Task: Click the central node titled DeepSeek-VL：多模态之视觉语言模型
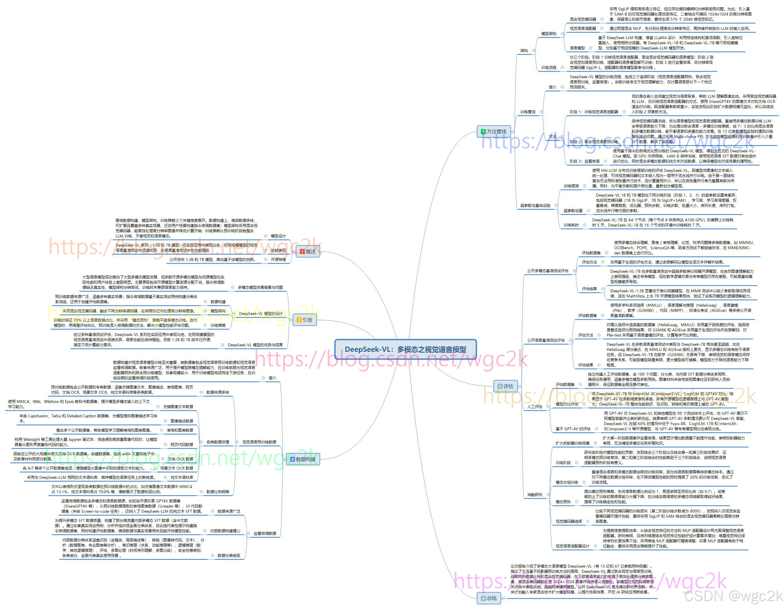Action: (x=405, y=349)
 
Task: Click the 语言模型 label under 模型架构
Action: (x=577, y=48)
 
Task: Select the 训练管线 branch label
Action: (x=528, y=112)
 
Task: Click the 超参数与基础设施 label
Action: (x=535, y=206)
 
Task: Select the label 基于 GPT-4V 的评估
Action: (x=573, y=429)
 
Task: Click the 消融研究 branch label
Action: (x=535, y=495)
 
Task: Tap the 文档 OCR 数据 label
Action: (x=180, y=459)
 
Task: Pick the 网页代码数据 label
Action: (x=182, y=445)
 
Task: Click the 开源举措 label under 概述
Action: (x=278, y=260)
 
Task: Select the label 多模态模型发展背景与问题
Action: (x=260, y=288)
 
